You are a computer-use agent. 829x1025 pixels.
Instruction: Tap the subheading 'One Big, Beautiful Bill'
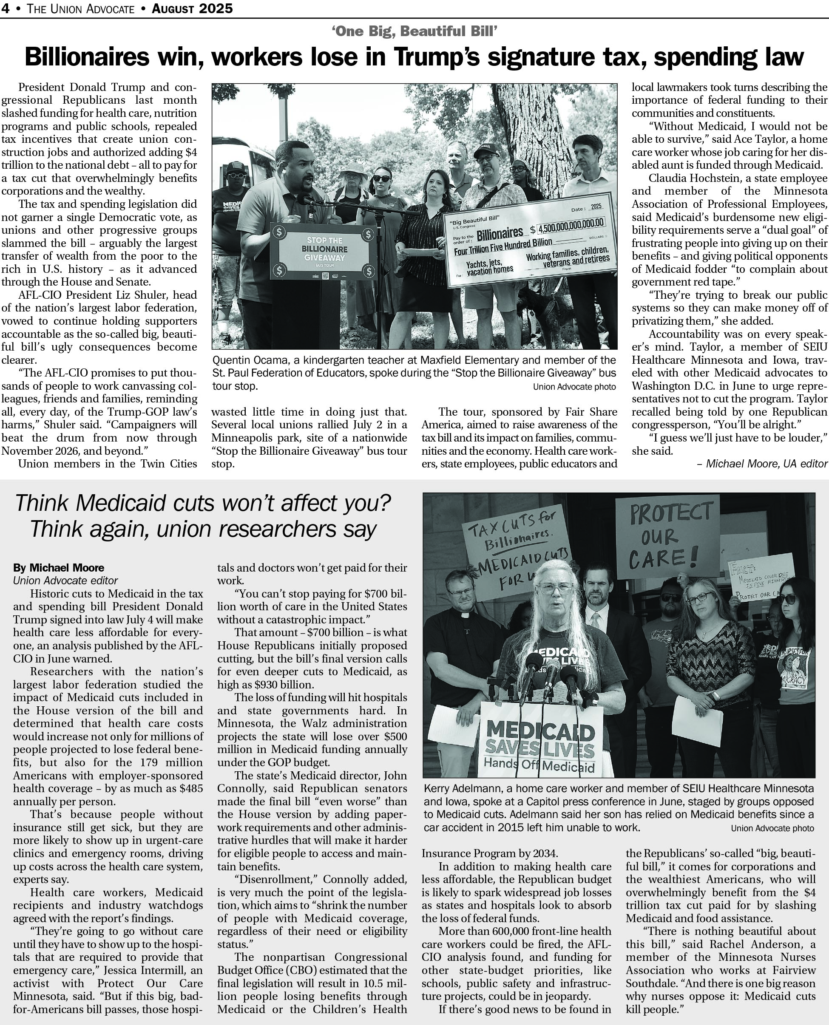click(x=414, y=32)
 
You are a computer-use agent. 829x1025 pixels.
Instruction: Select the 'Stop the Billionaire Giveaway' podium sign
click(x=323, y=250)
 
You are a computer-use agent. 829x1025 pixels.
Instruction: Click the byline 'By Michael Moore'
click(x=58, y=568)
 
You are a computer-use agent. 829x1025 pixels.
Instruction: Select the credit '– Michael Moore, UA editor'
click(x=762, y=464)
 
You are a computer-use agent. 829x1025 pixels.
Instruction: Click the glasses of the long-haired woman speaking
click(x=555, y=589)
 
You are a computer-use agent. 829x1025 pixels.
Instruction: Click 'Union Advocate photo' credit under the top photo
click(x=574, y=387)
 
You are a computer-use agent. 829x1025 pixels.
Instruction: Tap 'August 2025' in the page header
click(x=192, y=8)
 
